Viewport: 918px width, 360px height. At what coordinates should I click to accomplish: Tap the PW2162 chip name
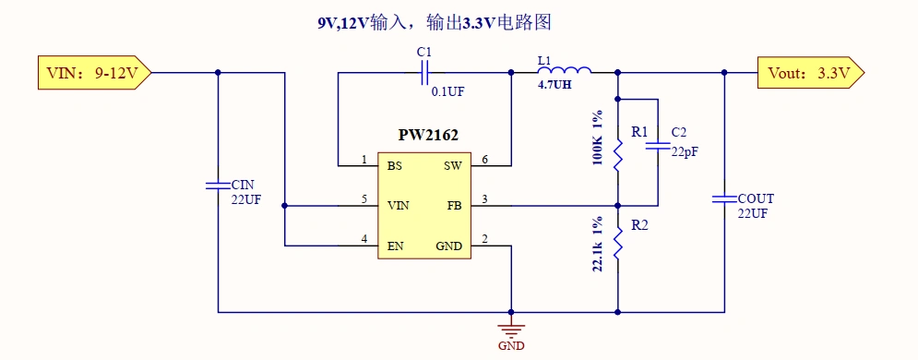(428, 135)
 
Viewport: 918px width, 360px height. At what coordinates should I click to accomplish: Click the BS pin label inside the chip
(394, 166)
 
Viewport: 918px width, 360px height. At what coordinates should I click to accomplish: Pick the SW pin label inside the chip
(452, 166)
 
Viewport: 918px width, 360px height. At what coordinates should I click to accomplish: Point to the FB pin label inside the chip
(454, 205)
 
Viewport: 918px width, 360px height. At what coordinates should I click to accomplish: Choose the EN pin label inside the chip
(395, 246)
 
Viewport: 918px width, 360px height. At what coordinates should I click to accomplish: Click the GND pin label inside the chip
(448, 246)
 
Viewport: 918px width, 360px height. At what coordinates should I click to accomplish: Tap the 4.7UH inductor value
(555, 85)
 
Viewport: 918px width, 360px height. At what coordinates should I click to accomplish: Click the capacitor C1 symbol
(425, 72)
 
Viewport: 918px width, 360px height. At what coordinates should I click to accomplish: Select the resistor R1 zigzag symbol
(617, 152)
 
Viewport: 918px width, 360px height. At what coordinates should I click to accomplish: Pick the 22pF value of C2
(685, 152)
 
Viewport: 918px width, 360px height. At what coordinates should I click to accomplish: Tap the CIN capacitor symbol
(218, 185)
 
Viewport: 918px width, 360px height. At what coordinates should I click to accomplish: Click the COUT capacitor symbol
(724, 198)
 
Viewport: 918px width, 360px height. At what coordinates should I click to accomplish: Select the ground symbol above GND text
(510, 328)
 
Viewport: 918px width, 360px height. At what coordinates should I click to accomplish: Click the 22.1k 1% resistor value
(598, 244)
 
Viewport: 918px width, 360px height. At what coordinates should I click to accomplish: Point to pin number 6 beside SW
(484, 160)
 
